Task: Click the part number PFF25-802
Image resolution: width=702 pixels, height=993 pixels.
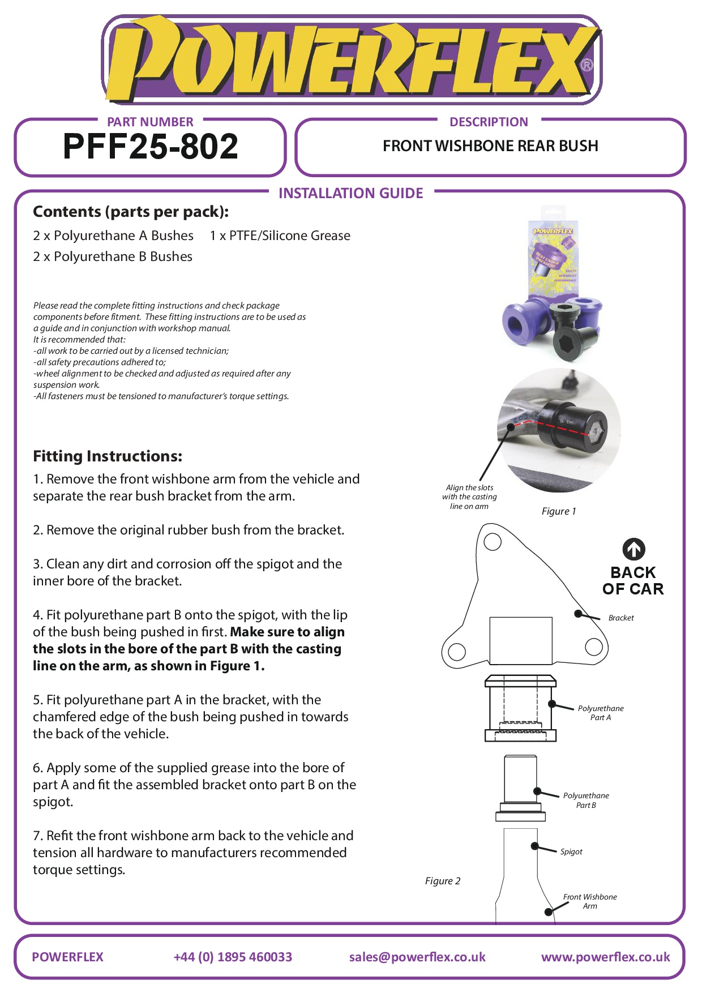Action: click(151, 147)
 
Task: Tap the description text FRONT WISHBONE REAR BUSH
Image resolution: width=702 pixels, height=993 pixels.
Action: click(490, 146)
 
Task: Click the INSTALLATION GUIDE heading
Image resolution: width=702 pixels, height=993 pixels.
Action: click(351, 194)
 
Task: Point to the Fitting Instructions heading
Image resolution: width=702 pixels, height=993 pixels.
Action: click(108, 456)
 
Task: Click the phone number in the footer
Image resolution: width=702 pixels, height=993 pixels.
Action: click(233, 957)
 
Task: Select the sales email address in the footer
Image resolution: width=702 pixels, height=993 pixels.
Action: click(417, 957)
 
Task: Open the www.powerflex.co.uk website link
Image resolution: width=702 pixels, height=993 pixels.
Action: click(605, 957)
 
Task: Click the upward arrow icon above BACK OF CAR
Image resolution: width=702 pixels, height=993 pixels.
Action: click(633, 549)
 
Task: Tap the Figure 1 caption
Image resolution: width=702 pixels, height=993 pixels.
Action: click(559, 511)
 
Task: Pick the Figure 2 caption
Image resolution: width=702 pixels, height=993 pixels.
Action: click(443, 881)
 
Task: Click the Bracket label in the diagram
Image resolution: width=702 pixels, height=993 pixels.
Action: click(621, 618)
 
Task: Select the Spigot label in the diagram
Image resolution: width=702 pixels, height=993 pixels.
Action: click(571, 851)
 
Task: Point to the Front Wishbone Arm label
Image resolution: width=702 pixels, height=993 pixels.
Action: click(590, 901)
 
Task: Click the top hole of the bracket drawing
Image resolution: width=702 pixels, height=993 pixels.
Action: click(493, 542)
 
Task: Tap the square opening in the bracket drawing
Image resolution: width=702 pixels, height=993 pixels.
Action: click(520, 640)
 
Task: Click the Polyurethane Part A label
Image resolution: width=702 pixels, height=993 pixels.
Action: click(601, 713)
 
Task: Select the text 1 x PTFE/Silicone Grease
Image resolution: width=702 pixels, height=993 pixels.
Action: click(280, 236)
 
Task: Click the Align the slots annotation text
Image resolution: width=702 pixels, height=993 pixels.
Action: click(469, 497)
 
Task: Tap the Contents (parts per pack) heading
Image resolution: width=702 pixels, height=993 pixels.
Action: click(131, 212)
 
